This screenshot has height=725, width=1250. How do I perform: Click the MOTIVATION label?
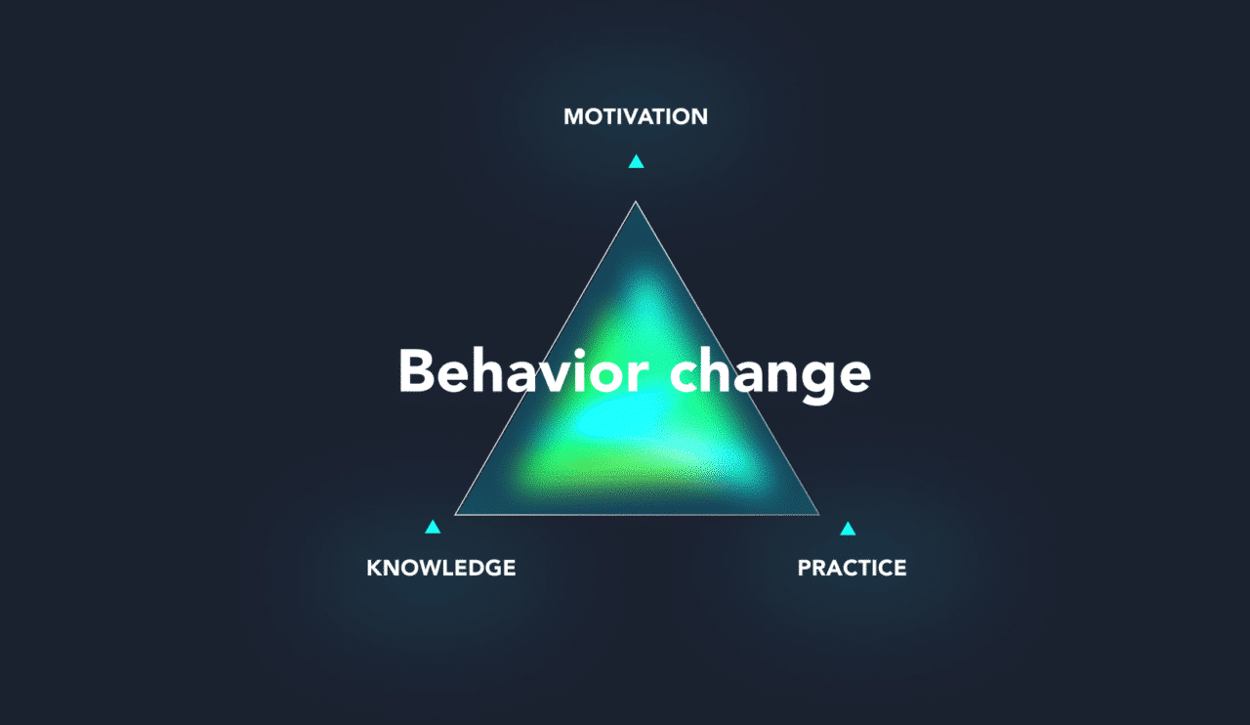click(x=636, y=117)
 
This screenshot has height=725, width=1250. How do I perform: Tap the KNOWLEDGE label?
click(x=440, y=568)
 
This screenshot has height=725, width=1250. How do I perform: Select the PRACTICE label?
click(x=852, y=568)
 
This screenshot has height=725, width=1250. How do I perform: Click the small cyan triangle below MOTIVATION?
click(x=636, y=162)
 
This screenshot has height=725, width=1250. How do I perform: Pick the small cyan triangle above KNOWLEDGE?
click(x=433, y=528)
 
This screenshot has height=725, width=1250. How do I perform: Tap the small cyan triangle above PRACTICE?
click(x=848, y=530)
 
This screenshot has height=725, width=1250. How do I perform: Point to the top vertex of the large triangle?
click(x=636, y=202)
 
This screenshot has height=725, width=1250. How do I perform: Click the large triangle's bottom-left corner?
click(x=456, y=514)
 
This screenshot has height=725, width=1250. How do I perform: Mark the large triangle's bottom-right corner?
click(x=818, y=514)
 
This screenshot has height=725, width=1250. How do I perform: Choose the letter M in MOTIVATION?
click(x=573, y=117)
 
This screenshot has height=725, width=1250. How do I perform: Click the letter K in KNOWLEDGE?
click(x=373, y=568)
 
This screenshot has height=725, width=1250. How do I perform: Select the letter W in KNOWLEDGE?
click(x=423, y=568)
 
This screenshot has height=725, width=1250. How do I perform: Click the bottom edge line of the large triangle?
click(x=637, y=514)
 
